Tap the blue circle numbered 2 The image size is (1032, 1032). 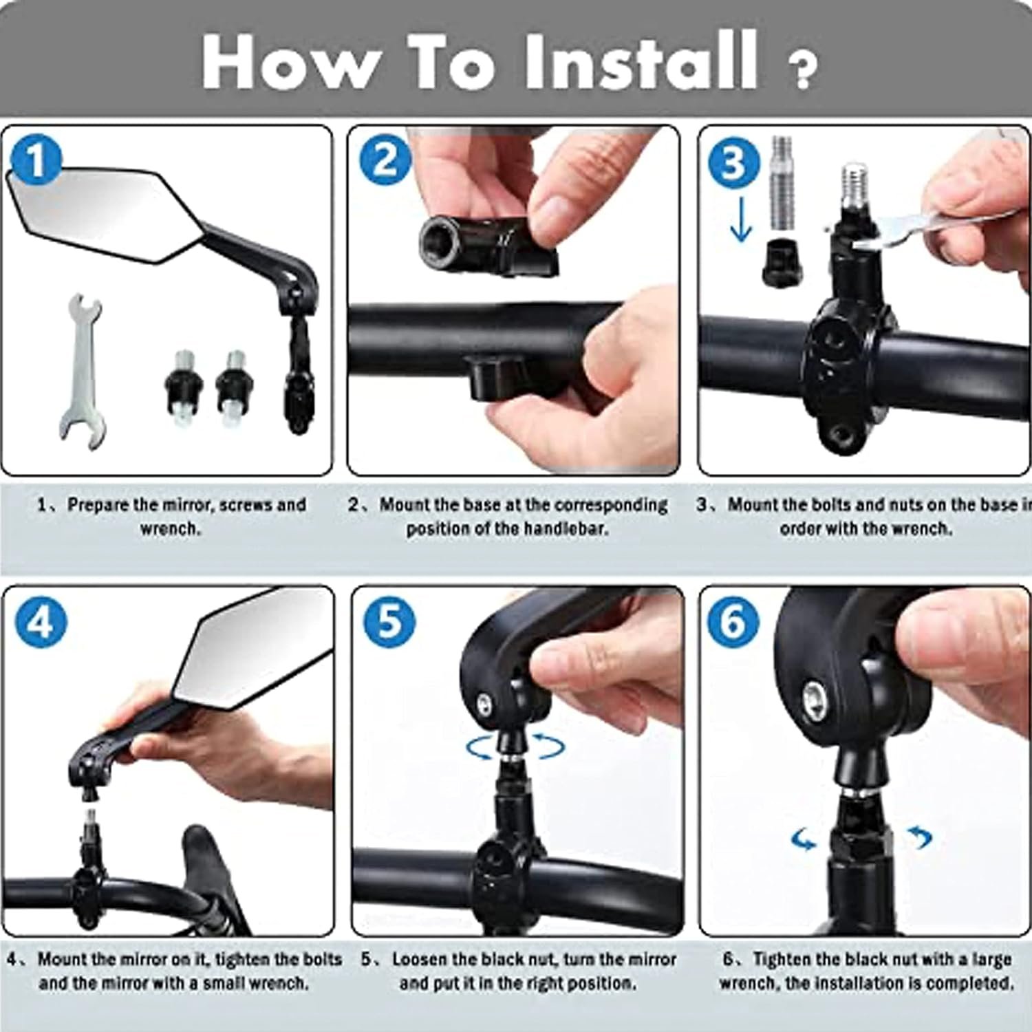pyautogui.click(x=385, y=160)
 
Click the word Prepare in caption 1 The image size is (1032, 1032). pyautogui.click(x=98, y=504)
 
